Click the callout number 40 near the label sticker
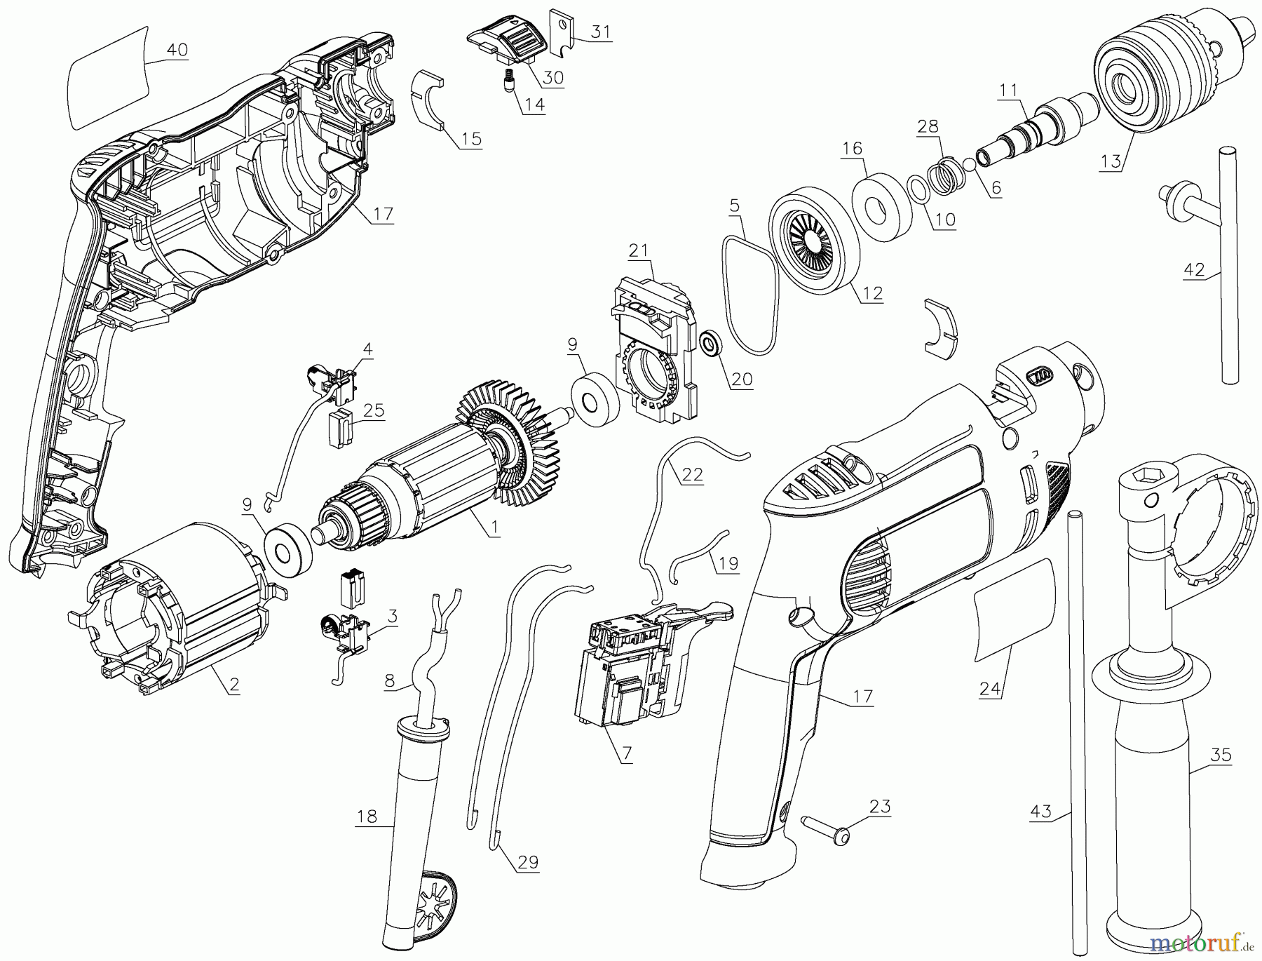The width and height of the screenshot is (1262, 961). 177,51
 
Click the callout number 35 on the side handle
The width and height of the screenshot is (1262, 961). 1221,755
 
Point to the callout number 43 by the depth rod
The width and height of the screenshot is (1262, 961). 1041,812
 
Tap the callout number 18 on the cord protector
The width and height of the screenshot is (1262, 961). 367,816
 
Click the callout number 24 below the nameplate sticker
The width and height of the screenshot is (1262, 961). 989,689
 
